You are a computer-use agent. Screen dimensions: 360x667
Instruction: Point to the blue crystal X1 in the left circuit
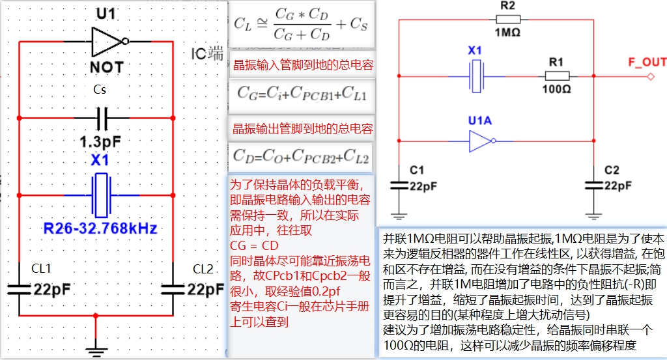(101, 195)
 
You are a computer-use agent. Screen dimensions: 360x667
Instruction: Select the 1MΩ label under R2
(507, 33)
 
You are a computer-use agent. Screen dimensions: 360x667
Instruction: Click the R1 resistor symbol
(556, 76)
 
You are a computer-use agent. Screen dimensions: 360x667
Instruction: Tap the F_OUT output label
(646, 62)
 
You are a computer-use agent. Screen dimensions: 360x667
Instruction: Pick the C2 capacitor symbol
(594, 185)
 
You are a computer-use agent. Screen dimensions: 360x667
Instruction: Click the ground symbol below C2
(594, 215)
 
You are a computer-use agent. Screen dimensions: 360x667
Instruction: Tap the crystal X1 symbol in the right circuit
(475, 76)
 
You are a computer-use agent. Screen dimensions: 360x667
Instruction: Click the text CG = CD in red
(254, 245)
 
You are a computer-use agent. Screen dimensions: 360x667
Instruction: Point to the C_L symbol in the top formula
(243, 25)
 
